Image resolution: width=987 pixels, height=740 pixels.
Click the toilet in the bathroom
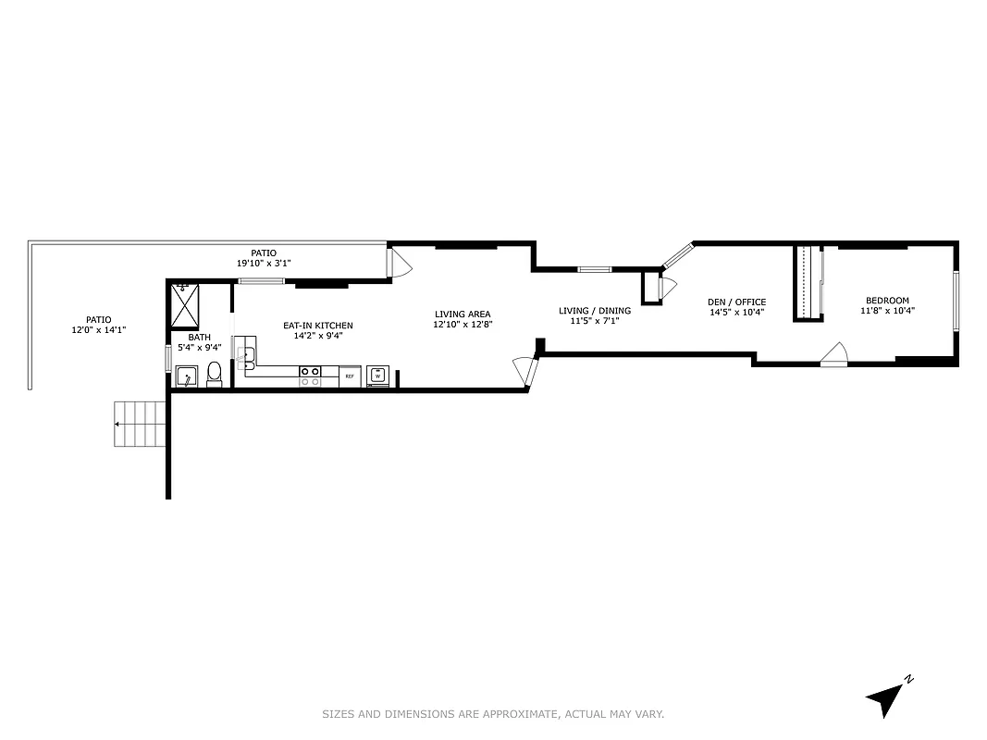pyautogui.click(x=215, y=374)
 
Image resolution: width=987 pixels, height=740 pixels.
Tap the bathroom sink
pyautogui.click(x=186, y=376)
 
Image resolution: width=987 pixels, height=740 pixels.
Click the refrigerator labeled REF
pyautogui.click(x=350, y=376)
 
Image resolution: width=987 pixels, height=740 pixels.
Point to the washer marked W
pyautogui.click(x=377, y=376)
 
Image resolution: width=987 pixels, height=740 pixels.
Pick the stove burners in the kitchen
pyautogui.click(x=310, y=376)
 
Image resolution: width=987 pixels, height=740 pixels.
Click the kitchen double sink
pyautogui.click(x=248, y=354)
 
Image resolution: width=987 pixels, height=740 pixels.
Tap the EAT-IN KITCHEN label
pyautogui.click(x=317, y=326)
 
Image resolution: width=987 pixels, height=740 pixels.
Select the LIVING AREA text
pyautogui.click(x=463, y=314)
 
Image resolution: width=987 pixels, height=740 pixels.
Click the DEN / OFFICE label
pyautogui.click(x=736, y=302)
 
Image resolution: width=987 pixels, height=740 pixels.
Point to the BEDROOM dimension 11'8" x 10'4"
pyautogui.click(x=887, y=311)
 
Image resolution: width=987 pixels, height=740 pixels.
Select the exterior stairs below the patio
pyautogui.click(x=141, y=424)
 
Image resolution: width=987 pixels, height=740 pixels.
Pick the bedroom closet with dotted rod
pyautogui.click(x=809, y=282)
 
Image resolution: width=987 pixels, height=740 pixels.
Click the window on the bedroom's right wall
pyautogui.click(x=956, y=301)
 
